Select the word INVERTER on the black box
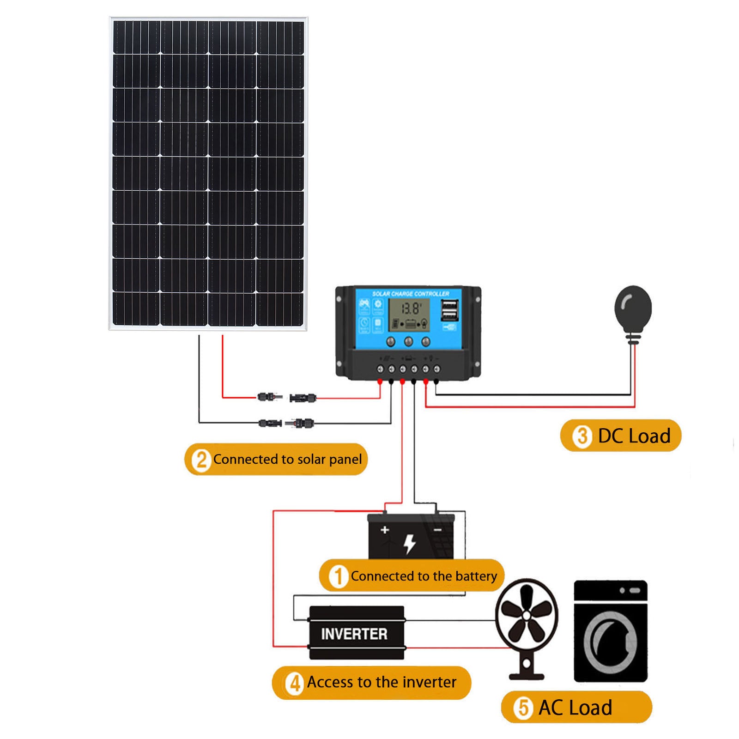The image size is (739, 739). pyautogui.click(x=354, y=634)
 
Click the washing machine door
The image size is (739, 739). pyautogui.click(x=610, y=642)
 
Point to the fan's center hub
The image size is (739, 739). pyautogui.click(x=527, y=615)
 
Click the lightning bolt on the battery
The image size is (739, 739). pyautogui.click(x=410, y=543)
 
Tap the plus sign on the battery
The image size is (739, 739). pyautogui.click(x=385, y=530)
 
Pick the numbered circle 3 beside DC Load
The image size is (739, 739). pyautogui.click(x=582, y=436)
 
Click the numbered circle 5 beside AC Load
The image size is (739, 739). pyautogui.click(x=523, y=707)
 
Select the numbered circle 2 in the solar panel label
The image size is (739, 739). pyautogui.click(x=201, y=460)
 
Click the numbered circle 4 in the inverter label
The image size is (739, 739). pyautogui.click(x=295, y=683)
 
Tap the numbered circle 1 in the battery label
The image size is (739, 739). pyautogui.click(x=338, y=576)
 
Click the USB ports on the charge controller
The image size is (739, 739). pyautogui.click(x=449, y=310)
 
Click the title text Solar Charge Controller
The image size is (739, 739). pyautogui.click(x=411, y=294)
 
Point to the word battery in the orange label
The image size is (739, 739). pyautogui.click(x=476, y=576)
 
